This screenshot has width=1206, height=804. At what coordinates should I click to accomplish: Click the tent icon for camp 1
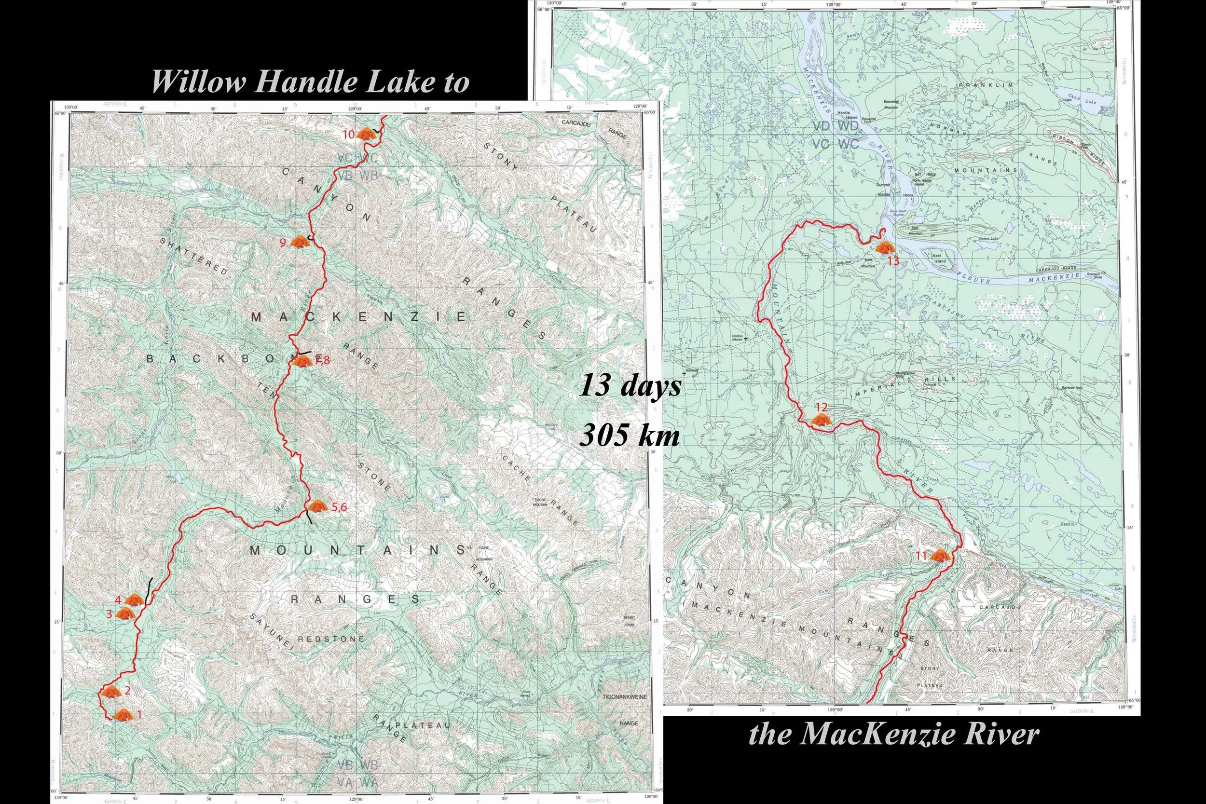pos(123,714)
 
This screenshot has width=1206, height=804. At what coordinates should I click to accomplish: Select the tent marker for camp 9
pos(299,242)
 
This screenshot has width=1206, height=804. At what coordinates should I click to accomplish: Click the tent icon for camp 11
pos(939,555)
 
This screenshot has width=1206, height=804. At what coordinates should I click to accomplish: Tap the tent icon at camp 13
pos(883,247)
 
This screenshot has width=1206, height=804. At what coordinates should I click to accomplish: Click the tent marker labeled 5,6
pos(316,506)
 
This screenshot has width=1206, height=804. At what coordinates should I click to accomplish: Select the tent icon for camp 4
pos(134,599)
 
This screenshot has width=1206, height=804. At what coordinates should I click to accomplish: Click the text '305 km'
pos(629,436)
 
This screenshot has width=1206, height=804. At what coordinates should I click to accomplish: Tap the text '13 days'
pos(630,385)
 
